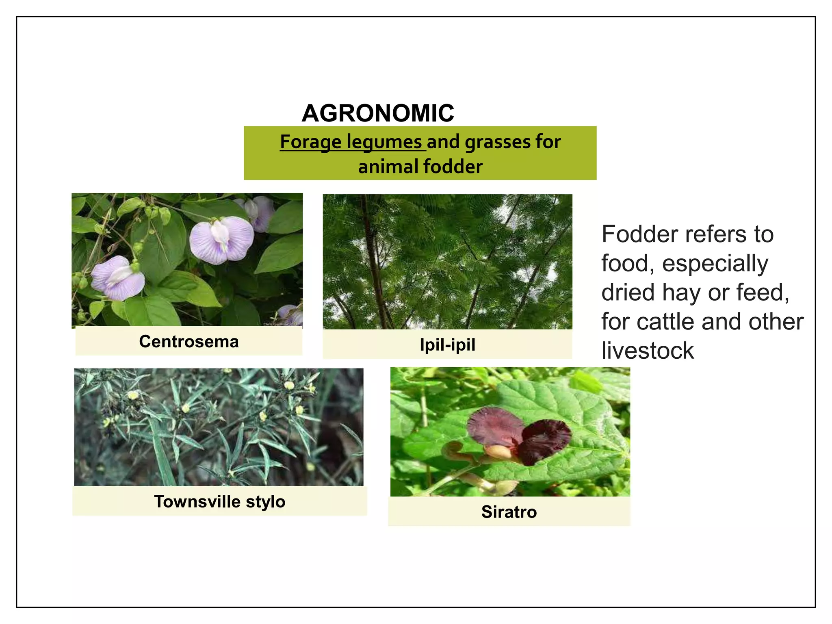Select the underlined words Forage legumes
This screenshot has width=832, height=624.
pyautogui.click(x=351, y=142)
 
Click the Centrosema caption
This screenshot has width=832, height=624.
pyautogui.click(x=189, y=342)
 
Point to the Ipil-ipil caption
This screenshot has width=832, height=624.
pyautogui.click(x=447, y=345)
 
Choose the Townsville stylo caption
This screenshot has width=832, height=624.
pyautogui.click(x=220, y=502)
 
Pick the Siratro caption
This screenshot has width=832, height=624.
pyautogui.click(x=509, y=512)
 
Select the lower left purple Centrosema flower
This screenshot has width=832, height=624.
pyautogui.click(x=118, y=278)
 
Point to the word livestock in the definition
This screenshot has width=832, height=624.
pyautogui.click(x=648, y=351)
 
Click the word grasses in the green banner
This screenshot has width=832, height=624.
pyautogui.click(x=498, y=142)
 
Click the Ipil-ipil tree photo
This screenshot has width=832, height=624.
pyautogui.click(x=447, y=262)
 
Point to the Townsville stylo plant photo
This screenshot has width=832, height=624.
pyautogui.click(x=219, y=427)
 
